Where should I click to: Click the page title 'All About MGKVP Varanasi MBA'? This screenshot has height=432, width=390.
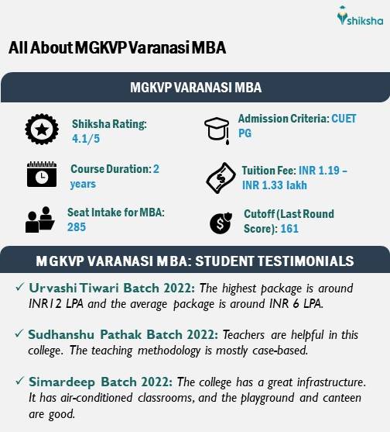pyautogui.click(x=117, y=48)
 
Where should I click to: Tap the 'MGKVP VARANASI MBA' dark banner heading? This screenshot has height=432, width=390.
pyautogui.click(x=194, y=88)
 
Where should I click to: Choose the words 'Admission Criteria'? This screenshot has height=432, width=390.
pyautogui.click(x=283, y=119)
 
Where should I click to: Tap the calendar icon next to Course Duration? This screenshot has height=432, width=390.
pyautogui.click(x=38, y=175)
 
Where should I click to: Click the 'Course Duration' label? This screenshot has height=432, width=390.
pyautogui.click(x=110, y=168)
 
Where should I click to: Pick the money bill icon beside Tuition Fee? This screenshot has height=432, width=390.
pyautogui.click(x=219, y=178)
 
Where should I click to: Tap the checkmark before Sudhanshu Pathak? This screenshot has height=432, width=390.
pyautogui.click(x=19, y=334)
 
